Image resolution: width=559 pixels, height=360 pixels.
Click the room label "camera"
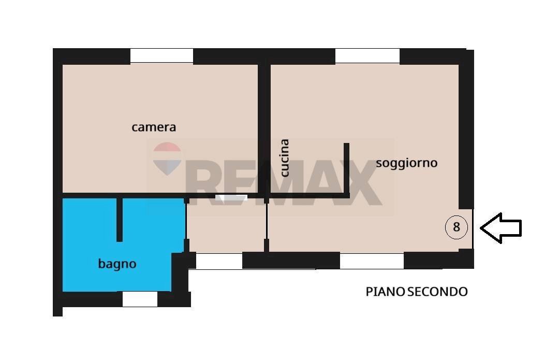[154, 127]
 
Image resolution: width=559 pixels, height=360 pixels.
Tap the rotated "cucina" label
[284, 158]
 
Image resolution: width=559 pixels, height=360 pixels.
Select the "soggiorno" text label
[406, 163]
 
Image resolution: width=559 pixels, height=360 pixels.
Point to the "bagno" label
[117, 264]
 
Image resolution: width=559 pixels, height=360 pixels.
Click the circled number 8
[456, 227]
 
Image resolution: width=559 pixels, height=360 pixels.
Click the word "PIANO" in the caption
[385, 292]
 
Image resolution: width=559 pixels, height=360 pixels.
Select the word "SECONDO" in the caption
[437, 292]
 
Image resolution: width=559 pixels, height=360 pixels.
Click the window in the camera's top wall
[161, 56]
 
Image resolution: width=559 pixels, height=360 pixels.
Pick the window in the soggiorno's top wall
[367, 56]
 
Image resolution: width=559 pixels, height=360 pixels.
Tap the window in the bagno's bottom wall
[140, 299]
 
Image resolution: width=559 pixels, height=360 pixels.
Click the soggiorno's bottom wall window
[371, 261]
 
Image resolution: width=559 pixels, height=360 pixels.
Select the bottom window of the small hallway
[219, 261]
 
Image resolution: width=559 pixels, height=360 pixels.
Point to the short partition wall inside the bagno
[120, 219]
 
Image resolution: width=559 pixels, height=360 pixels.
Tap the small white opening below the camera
[231, 197]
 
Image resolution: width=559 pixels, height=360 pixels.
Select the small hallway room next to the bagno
[226, 225]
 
